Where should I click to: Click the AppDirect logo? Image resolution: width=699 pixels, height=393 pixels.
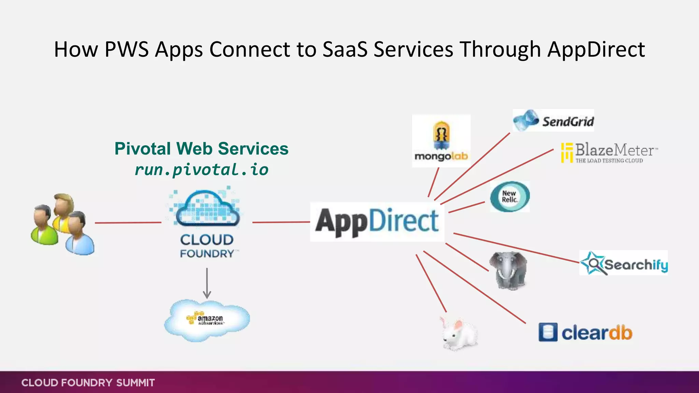point(377,222)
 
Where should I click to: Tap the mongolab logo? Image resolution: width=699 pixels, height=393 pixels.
point(441,141)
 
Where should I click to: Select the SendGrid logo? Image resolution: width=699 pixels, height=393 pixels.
point(553,121)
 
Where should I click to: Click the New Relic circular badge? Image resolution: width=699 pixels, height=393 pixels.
point(510,197)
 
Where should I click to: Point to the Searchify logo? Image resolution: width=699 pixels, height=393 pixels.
point(624,263)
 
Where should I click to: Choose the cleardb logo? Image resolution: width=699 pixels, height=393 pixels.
point(585,332)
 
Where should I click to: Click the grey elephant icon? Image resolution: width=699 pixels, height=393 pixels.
point(508,271)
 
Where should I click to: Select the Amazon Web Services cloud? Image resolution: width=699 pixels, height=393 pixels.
point(207,320)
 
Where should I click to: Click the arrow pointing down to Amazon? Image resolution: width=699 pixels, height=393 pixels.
point(207,283)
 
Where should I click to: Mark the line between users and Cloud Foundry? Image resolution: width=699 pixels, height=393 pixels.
point(128,223)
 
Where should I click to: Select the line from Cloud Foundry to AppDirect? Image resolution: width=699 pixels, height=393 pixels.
point(281,222)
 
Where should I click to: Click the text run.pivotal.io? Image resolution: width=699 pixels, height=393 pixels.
point(202,170)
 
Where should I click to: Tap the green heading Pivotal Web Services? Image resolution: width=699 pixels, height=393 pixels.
point(201,149)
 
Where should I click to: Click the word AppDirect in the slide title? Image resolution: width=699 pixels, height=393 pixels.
point(596,49)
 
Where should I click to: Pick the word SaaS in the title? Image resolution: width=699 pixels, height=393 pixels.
point(345,49)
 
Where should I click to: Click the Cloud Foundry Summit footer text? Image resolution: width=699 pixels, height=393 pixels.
point(88,383)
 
